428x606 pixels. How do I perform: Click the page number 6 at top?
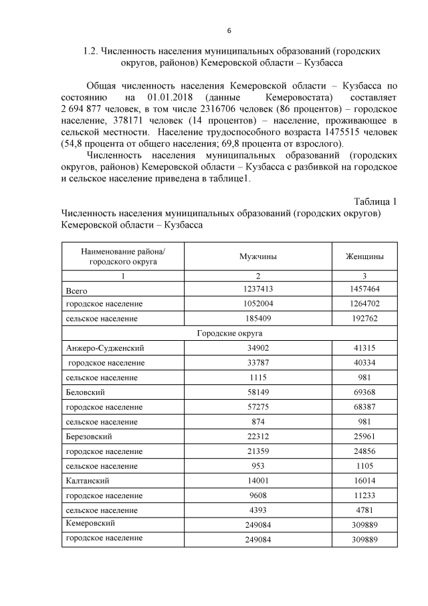[229, 31]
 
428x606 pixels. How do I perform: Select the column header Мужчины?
[258, 256]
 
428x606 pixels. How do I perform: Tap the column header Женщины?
[364, 256]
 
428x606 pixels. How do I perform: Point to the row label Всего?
[77, 290]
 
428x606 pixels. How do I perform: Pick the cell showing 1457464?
[364, 289]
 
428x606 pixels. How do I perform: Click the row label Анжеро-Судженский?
[105, 348]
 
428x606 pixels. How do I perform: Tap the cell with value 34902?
[258, 348]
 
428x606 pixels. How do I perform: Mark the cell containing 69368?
[364, 392]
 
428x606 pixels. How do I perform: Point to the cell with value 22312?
[258, 436]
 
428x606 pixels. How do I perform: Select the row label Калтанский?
[88, 480]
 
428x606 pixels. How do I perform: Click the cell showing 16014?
[364, 480]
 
